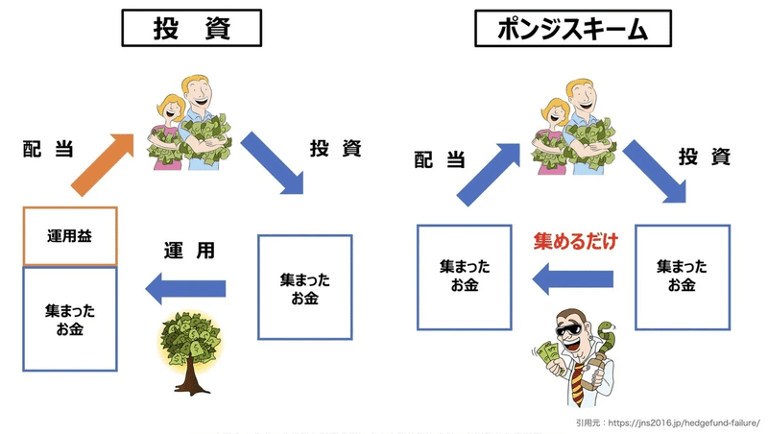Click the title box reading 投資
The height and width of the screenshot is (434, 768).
pyautogui.click(x=191, y=28)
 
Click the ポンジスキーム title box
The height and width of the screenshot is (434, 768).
pyautogui.click(x=572, y=28)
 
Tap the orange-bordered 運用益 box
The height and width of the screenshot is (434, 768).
pyautogui.click(x=70, y=236)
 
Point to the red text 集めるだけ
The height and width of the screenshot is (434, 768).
pyautogui.click(x=575, y=242)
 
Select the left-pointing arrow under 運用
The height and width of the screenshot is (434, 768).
pyautogui.click(x=185, y=288)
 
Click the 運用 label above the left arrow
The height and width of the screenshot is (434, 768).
pyautogui.click(x=189, y=251)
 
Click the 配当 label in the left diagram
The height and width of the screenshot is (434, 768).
pyautogui.click(x=48, y=149)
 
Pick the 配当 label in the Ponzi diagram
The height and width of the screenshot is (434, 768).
pyautogui.click(x=440, y=159)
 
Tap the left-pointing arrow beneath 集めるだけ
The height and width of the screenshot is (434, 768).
pyautogui.click(x=572, y=279)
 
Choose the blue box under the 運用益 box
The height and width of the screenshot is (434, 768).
pyautogui.click(x=70, y=319)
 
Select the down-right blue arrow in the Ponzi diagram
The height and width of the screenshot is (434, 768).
pyautogui.click(x=655, y=172)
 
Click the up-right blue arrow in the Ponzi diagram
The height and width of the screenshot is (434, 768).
pyautogui.click(x=489, y=174)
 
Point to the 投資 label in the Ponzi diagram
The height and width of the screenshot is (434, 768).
pyautogui.click(x=705, y=157)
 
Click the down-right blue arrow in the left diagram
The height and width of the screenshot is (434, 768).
pyautogui.click(x=272, y=162)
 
